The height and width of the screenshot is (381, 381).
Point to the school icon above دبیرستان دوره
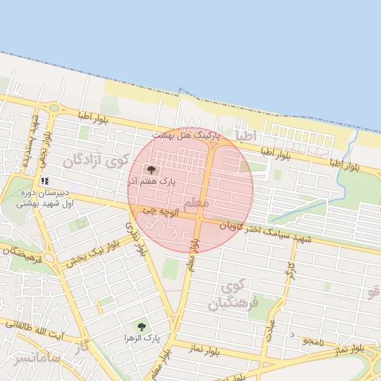click(45, 180)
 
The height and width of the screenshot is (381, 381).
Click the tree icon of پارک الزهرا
click(142, 327)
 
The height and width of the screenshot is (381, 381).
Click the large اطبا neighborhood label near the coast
click(245, 135)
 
